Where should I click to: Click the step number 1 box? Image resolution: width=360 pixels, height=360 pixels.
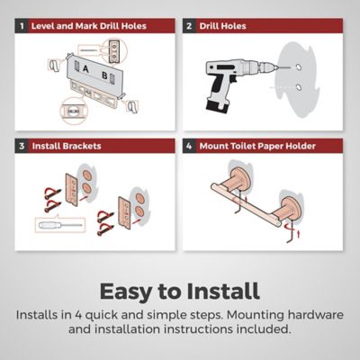[x=22, y=26]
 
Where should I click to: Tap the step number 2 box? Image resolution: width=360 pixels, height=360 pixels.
[x=189, y=26]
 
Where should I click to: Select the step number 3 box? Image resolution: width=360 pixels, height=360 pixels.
[x=22, y=146]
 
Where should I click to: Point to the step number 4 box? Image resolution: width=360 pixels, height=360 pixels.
[x=189, y=146]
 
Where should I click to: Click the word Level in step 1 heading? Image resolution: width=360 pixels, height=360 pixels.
[x=42, y=26]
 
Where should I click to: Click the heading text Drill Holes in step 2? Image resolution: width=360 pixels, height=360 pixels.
[x=222, y=26]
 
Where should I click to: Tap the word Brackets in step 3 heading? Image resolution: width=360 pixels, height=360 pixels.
[x=82, y=146]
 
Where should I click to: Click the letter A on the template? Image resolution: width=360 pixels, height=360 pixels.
[x=85, y=69]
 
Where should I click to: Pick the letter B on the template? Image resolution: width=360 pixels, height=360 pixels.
[x=104, y=76]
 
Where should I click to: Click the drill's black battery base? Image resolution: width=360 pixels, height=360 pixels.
[x=218, y=107]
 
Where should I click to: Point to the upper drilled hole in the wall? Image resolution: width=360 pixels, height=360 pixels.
[x=298, y=67]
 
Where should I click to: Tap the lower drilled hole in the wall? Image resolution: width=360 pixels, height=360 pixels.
[x=299, y=87]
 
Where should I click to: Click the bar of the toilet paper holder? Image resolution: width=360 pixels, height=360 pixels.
[x=246, y=205]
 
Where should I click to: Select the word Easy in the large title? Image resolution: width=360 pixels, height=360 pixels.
[x=125, y=292]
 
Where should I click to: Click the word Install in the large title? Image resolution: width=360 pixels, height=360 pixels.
[x=223, y=291]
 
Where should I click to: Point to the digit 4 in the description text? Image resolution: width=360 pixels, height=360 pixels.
[x=78, y=315]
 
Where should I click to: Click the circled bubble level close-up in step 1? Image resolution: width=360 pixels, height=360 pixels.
[x=72, y=111]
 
